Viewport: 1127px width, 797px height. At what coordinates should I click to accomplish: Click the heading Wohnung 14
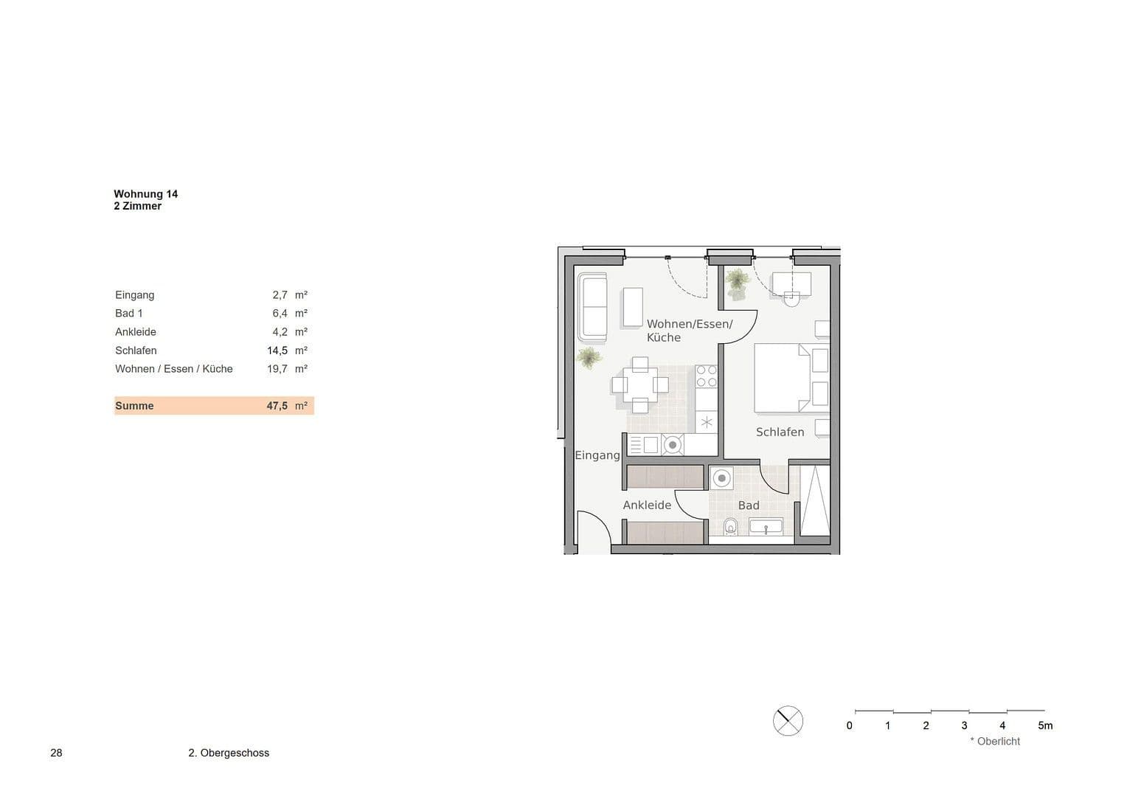[146, 194]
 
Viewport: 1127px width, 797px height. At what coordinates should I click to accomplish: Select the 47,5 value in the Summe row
[277, 406]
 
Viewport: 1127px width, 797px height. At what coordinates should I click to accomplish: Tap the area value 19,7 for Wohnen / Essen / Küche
[277, 369]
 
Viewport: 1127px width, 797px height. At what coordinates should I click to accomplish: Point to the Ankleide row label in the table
[136, 332]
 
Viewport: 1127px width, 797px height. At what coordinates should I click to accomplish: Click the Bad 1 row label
[129, 314]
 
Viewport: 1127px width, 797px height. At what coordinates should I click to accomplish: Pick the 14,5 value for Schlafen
[277, 351]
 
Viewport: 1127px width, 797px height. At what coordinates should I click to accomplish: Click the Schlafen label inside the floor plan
[780, 432]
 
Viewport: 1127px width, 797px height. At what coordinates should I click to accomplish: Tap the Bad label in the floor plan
[749, 506]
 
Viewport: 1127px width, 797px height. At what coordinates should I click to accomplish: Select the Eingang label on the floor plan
[597, 455]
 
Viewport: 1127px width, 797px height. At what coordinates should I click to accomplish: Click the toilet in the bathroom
[731, 526]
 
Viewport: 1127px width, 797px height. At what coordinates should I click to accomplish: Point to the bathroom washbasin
[766, 526]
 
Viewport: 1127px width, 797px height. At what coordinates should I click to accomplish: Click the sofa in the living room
[592, 308]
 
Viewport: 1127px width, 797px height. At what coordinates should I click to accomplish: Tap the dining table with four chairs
[639, 384]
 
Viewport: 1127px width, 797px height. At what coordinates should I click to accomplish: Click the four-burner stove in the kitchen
[706, 376]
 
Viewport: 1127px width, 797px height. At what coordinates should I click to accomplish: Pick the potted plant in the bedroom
[736, 283]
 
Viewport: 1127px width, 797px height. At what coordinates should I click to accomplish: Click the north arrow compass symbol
[788, 721]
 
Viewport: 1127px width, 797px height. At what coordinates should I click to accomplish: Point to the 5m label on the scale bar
[1045, 725]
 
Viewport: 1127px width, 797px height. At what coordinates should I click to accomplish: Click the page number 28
[57, 753]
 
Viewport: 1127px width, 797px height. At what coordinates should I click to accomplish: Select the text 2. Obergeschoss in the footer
[229, 753]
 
